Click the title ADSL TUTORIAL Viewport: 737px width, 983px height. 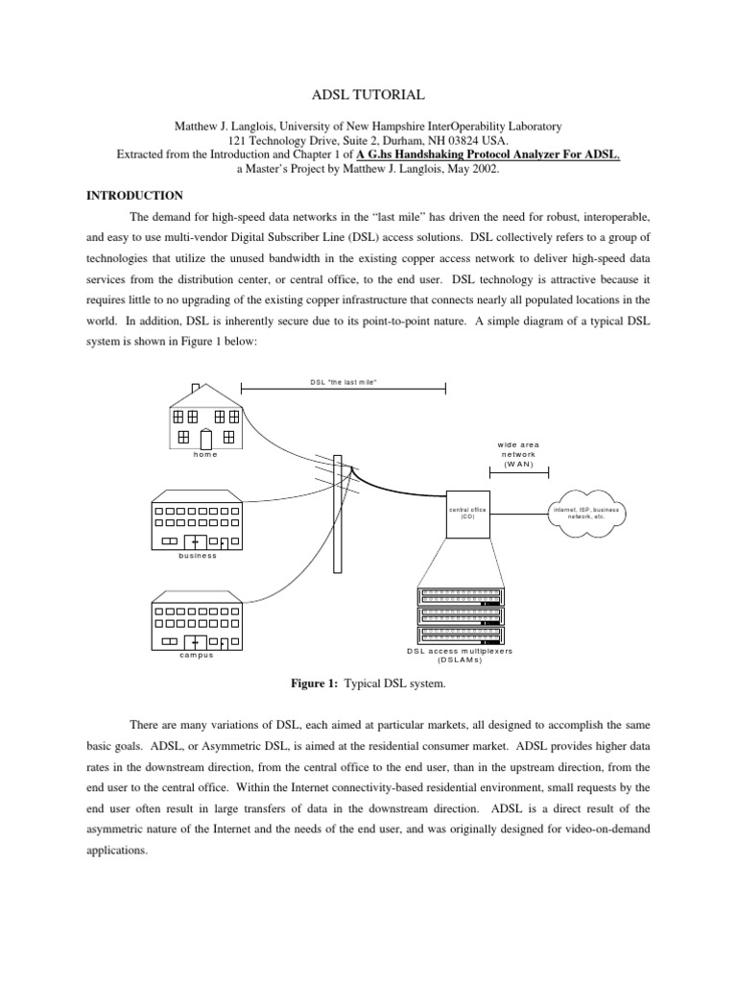(368, 95)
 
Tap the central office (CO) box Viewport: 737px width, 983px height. (468, 514)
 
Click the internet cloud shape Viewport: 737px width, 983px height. (585, 514)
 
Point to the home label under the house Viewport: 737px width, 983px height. (205, 454)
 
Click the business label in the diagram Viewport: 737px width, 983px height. (197, 556)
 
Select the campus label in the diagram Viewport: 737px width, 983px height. (196, 655)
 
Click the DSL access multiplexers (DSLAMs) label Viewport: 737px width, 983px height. (460, 655)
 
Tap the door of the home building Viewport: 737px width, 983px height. (205, 438)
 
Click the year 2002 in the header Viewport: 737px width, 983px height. (483, 167)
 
